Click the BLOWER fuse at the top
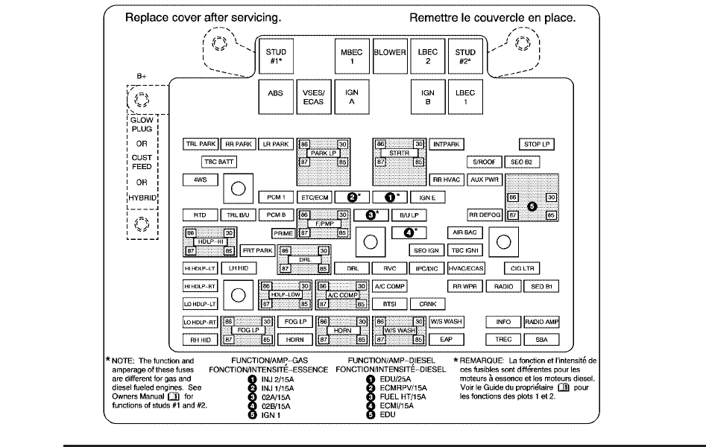[390, 53]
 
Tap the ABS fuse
[275, 98]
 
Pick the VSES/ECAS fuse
[314, 98]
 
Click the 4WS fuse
[200, 180]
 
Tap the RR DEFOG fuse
[485, 215]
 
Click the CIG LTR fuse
[521, 268]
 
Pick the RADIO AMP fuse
[542, 321]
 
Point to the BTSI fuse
[389, 304]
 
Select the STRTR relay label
[399, 153]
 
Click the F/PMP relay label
[324, 223]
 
